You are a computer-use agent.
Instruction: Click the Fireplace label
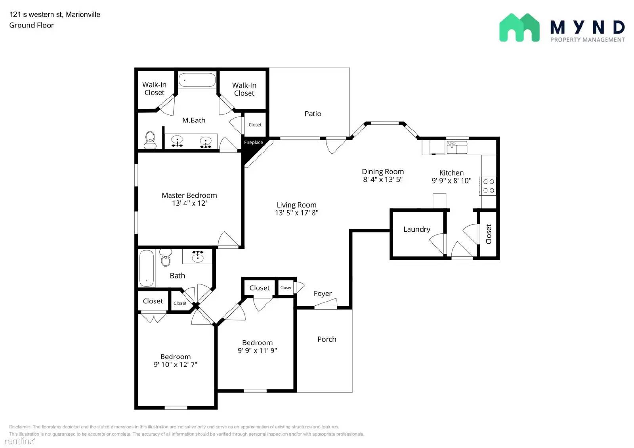point(253,143)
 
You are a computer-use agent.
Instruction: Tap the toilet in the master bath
point(150,140)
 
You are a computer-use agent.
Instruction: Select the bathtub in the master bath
point(197,80)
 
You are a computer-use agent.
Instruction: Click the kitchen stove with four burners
point(489,186)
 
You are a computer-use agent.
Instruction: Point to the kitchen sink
point(457,147)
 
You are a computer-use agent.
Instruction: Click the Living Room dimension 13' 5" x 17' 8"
point(296,213)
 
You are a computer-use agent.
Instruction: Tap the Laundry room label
point(416,229)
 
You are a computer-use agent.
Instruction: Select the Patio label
point(313,114)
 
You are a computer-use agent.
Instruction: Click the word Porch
point(327,339)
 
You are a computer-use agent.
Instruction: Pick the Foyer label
point(323,294)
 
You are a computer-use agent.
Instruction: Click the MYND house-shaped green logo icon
point(519,28)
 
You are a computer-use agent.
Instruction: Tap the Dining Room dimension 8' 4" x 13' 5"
point(382,179)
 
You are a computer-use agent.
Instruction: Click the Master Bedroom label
point(189,195)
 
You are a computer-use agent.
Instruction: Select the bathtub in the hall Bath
point(146,268)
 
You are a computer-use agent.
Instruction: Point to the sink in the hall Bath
point(197,256)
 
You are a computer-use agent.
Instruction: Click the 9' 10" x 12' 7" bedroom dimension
point(175,364)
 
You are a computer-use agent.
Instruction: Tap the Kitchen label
point(451,173)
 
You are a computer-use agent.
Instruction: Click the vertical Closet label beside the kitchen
point(489,234)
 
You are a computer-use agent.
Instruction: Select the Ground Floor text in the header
point(31,25)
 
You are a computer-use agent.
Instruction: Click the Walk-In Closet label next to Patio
point(244,89)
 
